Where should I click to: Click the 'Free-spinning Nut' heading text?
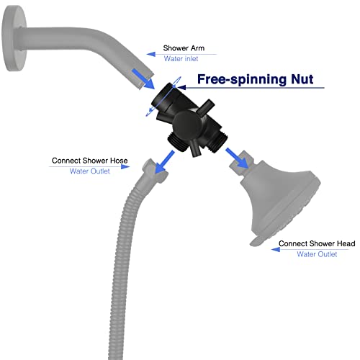coord(256,79)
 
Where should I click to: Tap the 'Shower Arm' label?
coord(184,48)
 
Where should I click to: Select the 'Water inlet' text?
coord(181,58)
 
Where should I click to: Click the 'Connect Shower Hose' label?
coord(90,161)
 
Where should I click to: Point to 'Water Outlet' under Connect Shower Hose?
coord(90,171)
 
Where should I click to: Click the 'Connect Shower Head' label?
coord(317,243)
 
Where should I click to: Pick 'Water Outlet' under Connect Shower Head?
coord(317,254)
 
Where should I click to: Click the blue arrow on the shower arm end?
coord(143,79)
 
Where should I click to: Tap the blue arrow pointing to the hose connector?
coord(164,162)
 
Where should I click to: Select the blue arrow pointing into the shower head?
coord(237,158)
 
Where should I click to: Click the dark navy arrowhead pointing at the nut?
coord(181,87)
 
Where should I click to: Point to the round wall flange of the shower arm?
coord(14,38)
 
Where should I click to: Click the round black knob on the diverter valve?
coord(188,125)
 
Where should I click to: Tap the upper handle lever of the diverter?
coord(205,107)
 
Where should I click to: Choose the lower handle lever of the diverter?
coord(195,149)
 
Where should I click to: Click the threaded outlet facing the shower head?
coord(217,143)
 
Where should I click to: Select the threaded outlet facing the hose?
coord(178,143)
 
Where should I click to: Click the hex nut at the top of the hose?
coord(155,171)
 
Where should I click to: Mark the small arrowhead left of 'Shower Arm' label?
coord(151,54)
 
